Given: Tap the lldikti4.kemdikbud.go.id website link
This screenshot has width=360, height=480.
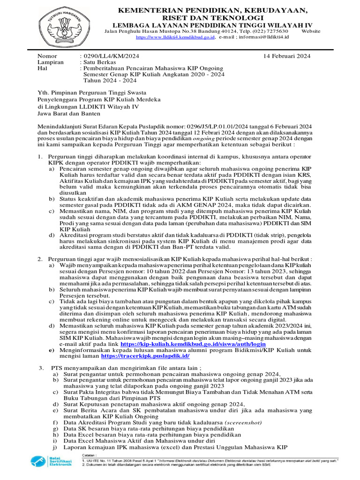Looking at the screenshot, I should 175,36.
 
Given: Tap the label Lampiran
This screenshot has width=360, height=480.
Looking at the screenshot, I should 50,62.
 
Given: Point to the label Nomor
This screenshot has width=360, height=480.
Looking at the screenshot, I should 46,56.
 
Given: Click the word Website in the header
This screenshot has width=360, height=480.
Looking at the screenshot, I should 311,30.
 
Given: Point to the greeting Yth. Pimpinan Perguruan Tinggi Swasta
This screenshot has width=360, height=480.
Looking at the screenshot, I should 91,93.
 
